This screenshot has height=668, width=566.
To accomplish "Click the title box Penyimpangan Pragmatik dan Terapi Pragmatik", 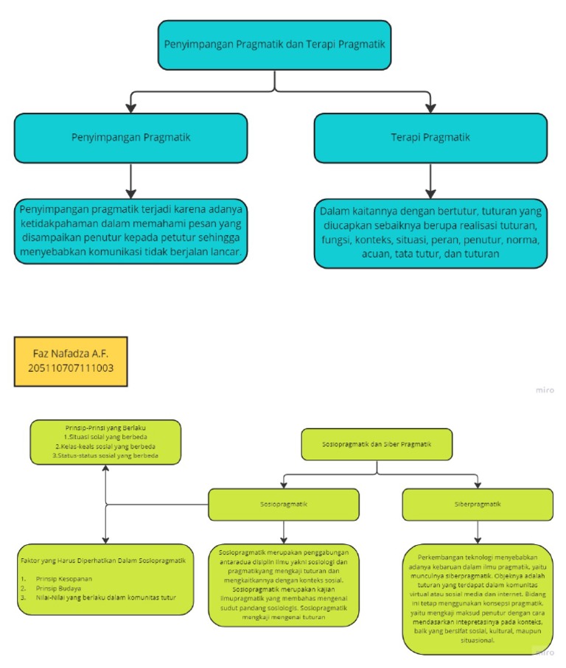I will [273, 44].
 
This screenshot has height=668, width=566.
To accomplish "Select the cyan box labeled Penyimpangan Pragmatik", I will [130, 138].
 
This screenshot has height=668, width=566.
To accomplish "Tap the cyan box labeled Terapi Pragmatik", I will [430, 138].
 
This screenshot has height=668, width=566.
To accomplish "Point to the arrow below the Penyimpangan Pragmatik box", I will [130, 180].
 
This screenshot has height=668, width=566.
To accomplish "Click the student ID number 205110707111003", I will [71, 368].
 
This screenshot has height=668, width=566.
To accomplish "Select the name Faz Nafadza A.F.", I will [71, 354].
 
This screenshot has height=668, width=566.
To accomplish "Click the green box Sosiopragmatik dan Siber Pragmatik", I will [377, 445].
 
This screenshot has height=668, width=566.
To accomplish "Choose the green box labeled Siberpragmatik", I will [477, 504].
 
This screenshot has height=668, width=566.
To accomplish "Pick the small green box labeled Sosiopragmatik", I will [284, 504].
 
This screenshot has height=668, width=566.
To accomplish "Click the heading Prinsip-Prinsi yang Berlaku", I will [106, 427].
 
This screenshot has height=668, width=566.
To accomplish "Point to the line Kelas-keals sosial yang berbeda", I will [106, 446].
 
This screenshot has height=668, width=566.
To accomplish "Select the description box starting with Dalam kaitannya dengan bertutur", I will [430, 233].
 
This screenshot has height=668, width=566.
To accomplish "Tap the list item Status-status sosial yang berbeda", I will [106, 456].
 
